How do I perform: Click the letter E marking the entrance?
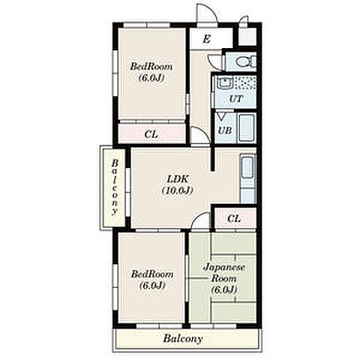point(206,39)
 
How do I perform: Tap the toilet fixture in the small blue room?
point(246,61)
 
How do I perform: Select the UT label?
point(235,99)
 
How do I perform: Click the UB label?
point(225,130)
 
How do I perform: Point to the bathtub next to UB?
point(247,127)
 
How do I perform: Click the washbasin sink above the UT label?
point(225,82)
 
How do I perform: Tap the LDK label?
point(177,179)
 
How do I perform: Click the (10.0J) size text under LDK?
point(177,190)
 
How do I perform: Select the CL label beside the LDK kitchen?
point(234,219)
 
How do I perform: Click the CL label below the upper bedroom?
point(151,134)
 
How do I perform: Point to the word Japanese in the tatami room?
point(223,267)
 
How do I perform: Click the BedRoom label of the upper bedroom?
point(151,67)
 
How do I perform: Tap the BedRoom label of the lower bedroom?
point(152,274)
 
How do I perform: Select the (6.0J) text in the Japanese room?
point(223,289)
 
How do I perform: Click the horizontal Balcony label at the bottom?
point(183,339)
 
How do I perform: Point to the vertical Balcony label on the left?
point(115,187)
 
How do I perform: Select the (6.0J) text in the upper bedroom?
point(151,78)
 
